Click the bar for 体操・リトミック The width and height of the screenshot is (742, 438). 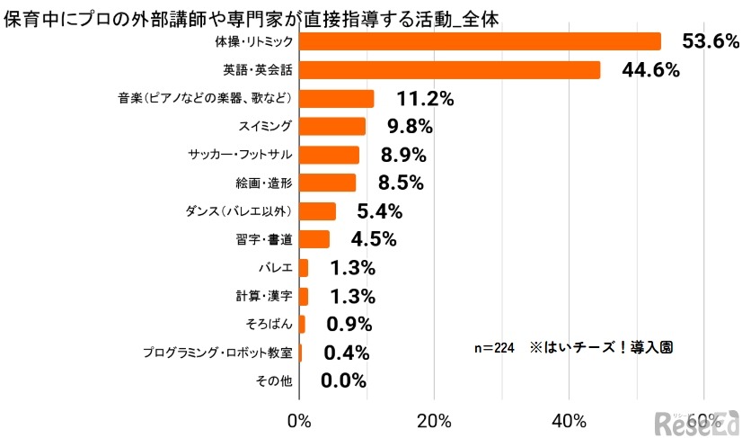click(480, 41)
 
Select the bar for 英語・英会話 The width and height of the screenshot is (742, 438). click(449, 70)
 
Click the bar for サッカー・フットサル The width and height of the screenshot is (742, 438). click(329, 155)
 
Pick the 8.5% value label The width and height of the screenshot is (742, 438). click(402, 183)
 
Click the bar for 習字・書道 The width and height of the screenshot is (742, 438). click(314, 239)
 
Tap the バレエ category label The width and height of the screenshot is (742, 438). click(276, 268)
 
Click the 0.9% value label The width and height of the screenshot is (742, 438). click(349, 324)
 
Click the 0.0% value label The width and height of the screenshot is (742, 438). click(343, 380)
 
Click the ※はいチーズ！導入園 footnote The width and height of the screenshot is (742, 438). click(601, 346)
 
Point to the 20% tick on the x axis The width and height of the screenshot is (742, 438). click(434, 420)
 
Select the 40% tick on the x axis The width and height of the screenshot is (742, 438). click(570, 420)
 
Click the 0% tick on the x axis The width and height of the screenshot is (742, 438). click(299, 420)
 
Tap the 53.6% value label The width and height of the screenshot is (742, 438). click(710, 41)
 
